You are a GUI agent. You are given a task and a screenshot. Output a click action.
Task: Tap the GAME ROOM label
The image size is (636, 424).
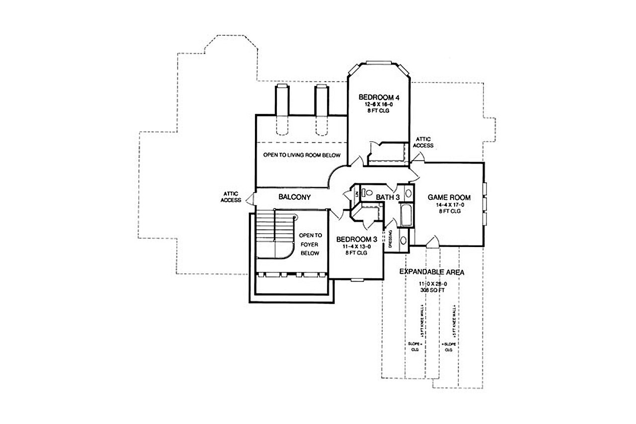[x=449, y=197]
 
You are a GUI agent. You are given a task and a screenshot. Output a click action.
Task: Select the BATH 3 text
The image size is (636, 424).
[x=388, y=197]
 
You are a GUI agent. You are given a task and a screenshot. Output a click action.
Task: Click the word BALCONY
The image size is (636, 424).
[x=294, y=197]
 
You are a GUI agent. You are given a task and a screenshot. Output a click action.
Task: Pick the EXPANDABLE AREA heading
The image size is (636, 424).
[x=432, y=272]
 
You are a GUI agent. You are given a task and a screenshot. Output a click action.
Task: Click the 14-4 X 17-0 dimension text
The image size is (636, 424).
[x=449, y=204]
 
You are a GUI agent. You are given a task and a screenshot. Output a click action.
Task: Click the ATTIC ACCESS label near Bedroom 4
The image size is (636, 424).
[x=423, y=142]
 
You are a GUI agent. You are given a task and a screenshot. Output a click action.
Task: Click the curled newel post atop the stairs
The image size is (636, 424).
[x=295, y=216]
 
